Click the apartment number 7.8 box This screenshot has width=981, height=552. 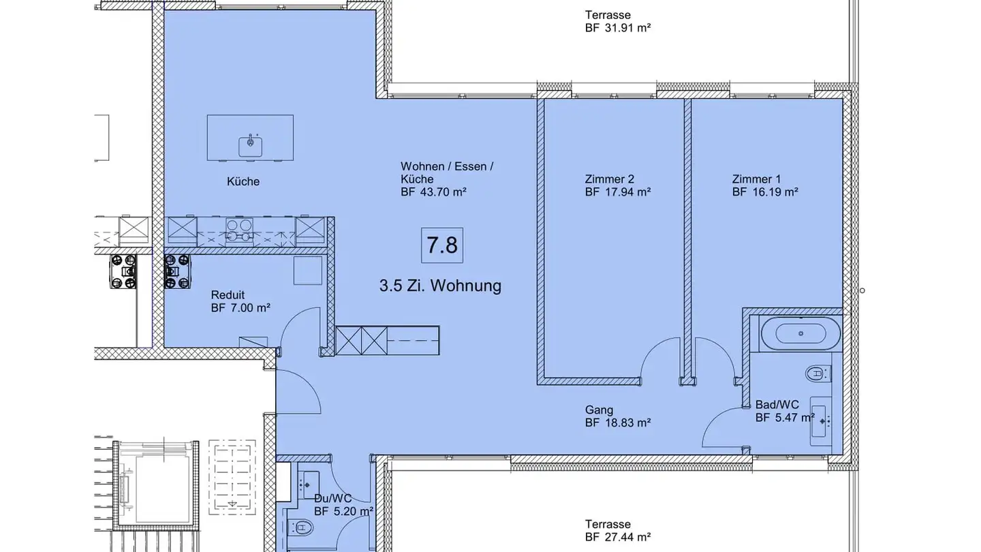pos(442,245)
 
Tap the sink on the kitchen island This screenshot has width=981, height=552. pos(251,146)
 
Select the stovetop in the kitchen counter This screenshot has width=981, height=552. pos(239,230)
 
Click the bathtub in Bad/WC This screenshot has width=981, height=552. pos(801,333)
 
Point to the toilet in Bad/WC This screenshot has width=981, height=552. pos(818,373)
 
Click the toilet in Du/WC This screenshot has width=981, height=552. pos(301,527)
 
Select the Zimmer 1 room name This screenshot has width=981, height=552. pos(756,179)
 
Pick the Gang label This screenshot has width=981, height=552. pos(599,410)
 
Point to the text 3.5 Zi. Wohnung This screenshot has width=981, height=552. pos(440,286)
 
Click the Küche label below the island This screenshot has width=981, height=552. pos(243,181)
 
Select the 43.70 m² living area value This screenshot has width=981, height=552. pos(443,192)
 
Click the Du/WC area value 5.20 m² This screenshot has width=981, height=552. pos(353,511)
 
